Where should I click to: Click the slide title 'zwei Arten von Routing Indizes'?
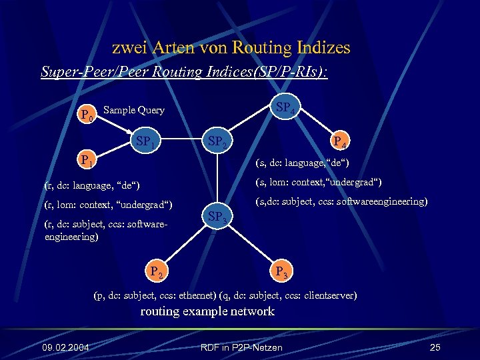pos(231,48)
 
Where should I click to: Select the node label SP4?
pos(285,107)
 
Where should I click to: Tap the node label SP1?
pos(146,141)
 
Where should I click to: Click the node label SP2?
pos(218,141)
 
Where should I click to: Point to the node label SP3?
pos(217,216)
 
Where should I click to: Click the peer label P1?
pos(87,160)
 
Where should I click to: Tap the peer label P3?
pos(282,272)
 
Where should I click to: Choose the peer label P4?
pos(339,141)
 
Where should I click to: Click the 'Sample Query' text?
pos(135,110)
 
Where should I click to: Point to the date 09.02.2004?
pos(66,347)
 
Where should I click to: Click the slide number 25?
pos(435,347)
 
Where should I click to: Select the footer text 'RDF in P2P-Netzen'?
pos(241,347)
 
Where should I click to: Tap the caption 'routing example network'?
pos(207,311)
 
